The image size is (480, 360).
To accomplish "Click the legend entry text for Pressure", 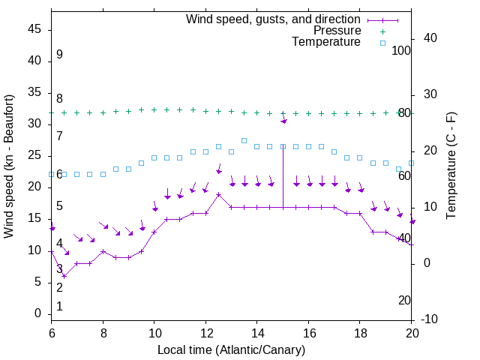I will point(337,31).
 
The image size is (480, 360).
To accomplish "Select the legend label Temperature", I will point(326,42).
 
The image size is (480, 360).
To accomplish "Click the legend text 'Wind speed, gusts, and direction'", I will point(274,19).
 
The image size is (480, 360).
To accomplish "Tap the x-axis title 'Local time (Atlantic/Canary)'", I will point(231,349).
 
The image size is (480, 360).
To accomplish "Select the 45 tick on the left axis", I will point(34,29).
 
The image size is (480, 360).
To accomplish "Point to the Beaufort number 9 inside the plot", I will point(59,55).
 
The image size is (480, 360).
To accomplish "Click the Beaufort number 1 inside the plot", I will point(59,306).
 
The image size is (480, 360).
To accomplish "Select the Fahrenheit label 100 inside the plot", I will point(402,50).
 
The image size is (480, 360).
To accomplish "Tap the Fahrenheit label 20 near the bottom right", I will point(404,300).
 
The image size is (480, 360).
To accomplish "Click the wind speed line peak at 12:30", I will point(218,194).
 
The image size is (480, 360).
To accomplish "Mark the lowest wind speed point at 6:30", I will point(64,276).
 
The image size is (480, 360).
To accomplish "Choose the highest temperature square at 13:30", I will point(244,140).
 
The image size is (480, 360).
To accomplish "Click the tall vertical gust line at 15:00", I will point(283,172).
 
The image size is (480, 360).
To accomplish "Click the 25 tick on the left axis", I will point(34,155).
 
